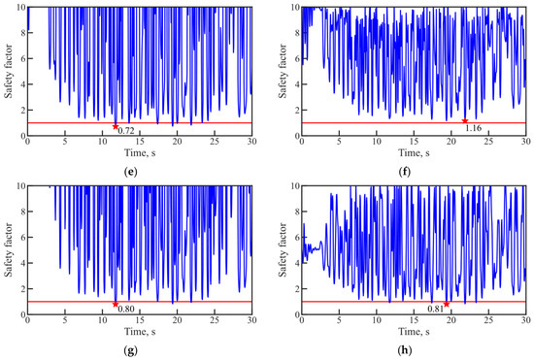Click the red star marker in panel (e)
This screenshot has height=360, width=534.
pos(116,126)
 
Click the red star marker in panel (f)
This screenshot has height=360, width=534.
pos(464,120)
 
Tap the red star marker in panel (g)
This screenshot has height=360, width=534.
pos(116,304)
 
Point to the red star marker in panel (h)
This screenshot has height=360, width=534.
pos(447,304)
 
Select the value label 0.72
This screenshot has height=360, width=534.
pos(126,131)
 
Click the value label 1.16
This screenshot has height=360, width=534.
pos(474,128)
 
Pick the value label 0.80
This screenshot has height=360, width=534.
pos(126,309)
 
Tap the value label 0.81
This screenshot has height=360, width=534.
pos(436,309)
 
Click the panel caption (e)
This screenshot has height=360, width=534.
pos(131,172)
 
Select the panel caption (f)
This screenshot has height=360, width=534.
pos(404,172)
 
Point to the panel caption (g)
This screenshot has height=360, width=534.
pos(131,350)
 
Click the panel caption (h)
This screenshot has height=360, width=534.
pos(405,350)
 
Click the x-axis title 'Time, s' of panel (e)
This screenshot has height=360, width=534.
pos(140,153)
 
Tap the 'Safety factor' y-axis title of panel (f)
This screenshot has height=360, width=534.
pos(283,71)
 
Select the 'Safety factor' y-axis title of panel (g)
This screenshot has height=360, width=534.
pos(8,249)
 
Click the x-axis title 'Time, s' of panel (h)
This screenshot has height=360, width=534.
pos(415,332)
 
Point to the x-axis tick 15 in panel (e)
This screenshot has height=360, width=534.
pos(140,142)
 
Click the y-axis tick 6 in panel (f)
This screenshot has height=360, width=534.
pos(297,58)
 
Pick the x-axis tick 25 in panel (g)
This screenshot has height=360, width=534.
pos(215,320)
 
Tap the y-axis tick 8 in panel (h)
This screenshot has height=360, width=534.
pos(297,212)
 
